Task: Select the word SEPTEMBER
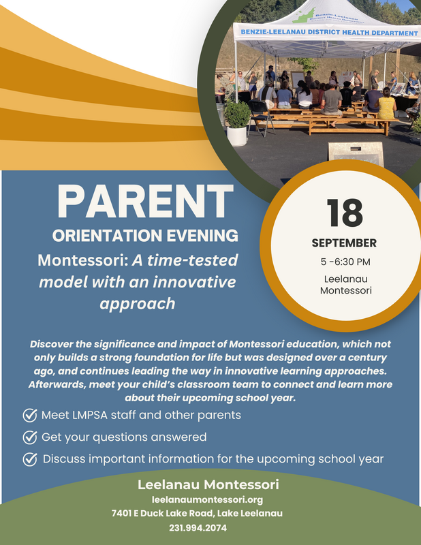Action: pyautogui.click(x=344, y=243)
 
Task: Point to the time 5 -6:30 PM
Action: pyautogui.click(x=344, y=262)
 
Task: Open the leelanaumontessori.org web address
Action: pyautogui.click(x=207, y=499)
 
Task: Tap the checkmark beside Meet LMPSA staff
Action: pyautogui.click(x=30, y=415)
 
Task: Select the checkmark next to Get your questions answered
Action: pyautogui.click(x=30, y=437)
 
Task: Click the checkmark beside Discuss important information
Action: pyautogui.click(x=30, y=458)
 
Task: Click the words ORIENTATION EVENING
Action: pyautogui.click(x=145, y=236)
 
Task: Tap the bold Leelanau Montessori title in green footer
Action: pyautogui.click(x=208, y=485)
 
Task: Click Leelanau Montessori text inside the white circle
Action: pyautogui.click(x=344, y=285)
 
